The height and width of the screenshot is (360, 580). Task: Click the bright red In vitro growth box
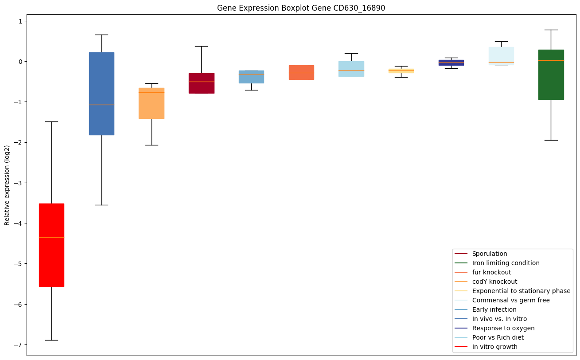51,245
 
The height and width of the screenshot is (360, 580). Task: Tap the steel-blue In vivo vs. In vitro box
101,94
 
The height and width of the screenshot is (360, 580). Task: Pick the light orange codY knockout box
152,103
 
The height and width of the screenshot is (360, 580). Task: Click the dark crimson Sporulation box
201,83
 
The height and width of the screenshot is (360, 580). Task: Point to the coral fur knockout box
301,72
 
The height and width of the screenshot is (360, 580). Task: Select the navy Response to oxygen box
451,63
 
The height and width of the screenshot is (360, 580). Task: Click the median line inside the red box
51,238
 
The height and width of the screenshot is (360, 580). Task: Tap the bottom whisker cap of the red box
51,340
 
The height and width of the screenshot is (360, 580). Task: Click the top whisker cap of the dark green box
551,30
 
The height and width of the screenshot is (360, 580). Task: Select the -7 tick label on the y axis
19,345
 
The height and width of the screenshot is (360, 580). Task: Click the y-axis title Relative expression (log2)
7,185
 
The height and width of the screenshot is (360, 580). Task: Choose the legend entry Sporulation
489,254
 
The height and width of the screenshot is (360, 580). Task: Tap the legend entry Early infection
494,309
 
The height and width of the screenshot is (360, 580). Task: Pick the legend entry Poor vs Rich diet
498,337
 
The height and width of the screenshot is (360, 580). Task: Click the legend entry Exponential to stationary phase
521,291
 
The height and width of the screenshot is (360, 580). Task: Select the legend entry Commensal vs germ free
510,300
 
